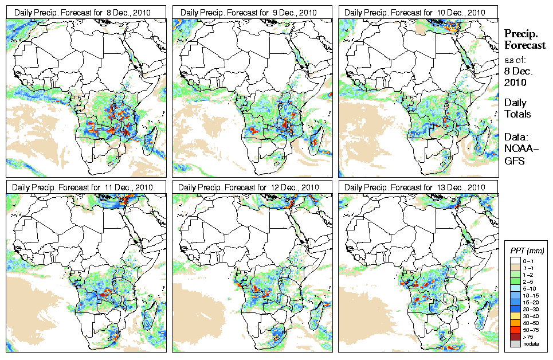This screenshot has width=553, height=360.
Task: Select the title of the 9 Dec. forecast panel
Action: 248,12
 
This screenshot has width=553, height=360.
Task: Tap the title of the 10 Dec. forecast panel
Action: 415,12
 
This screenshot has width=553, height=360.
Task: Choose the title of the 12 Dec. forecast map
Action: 248,187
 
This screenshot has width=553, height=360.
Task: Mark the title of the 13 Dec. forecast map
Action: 415,187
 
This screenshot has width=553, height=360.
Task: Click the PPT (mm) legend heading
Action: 527,251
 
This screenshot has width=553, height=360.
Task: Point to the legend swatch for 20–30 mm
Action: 515,308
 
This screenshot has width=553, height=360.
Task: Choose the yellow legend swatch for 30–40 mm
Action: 515,315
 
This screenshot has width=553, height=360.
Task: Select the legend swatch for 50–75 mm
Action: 515,329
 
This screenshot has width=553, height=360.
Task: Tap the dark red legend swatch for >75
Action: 515,336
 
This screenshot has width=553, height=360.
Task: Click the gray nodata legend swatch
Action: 515,343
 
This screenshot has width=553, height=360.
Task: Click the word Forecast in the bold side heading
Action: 525,46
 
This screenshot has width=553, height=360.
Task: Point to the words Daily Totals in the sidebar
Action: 517,108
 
